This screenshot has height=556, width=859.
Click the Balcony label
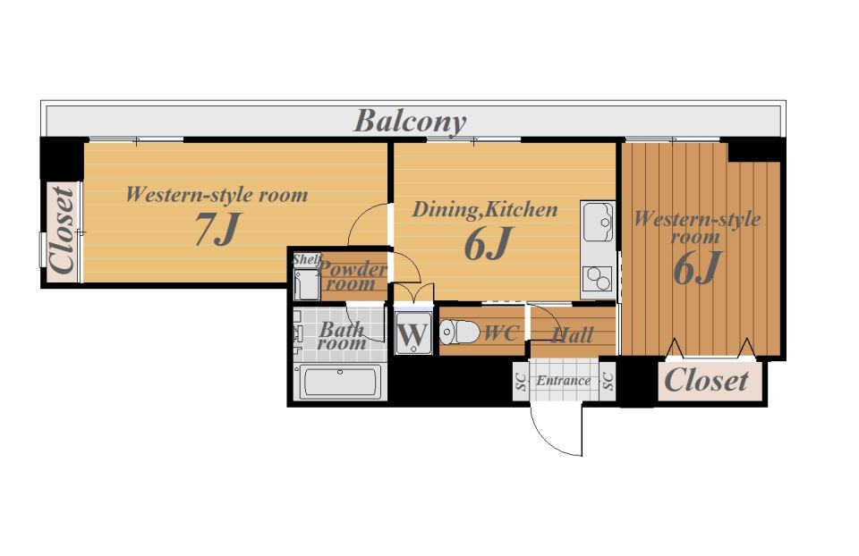pyautogui.click(x=411, y=121)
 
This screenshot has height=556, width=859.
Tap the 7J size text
pyautogui.click(x=217, y=229)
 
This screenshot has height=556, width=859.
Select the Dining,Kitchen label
pyautogui.click(x=485, y=209)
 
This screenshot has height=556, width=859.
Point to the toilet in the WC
pyautogui.click(x=459, y=332)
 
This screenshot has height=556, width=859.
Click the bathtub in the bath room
pyautogui.click(x=340, y=381)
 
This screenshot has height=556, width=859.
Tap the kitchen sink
pyautogui.click(x=598, y=222)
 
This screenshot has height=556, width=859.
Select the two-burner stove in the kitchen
pyautogui.click(x=597, y=278)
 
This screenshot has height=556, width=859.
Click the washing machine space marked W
pyautogui.click(x=413, y=333)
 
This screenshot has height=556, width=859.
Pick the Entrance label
pyautogui.click(x=563, y=380)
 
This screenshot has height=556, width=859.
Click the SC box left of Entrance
pyautogui.click(x=521, y=381)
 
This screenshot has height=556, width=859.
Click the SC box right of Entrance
pyautogui.click(x=608, y=381)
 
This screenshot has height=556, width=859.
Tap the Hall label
pyautogui.click(x=573, y=335)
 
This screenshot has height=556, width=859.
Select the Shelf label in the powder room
pyautogui.click(x=307, y=259)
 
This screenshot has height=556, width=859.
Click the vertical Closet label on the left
pyautogui.click(x=63, y=230)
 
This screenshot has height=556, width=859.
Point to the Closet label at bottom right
pyautogui.click(x=706, y=380)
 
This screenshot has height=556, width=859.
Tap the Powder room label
pyautogui.click(x=353, y=276)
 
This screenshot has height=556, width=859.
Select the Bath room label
pyautogui.click(x=341, y=336)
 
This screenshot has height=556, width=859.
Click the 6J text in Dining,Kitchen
pyautogui.click(x=489, y=244)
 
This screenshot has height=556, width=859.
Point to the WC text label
pyautogui.click(x=501, y=333)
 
